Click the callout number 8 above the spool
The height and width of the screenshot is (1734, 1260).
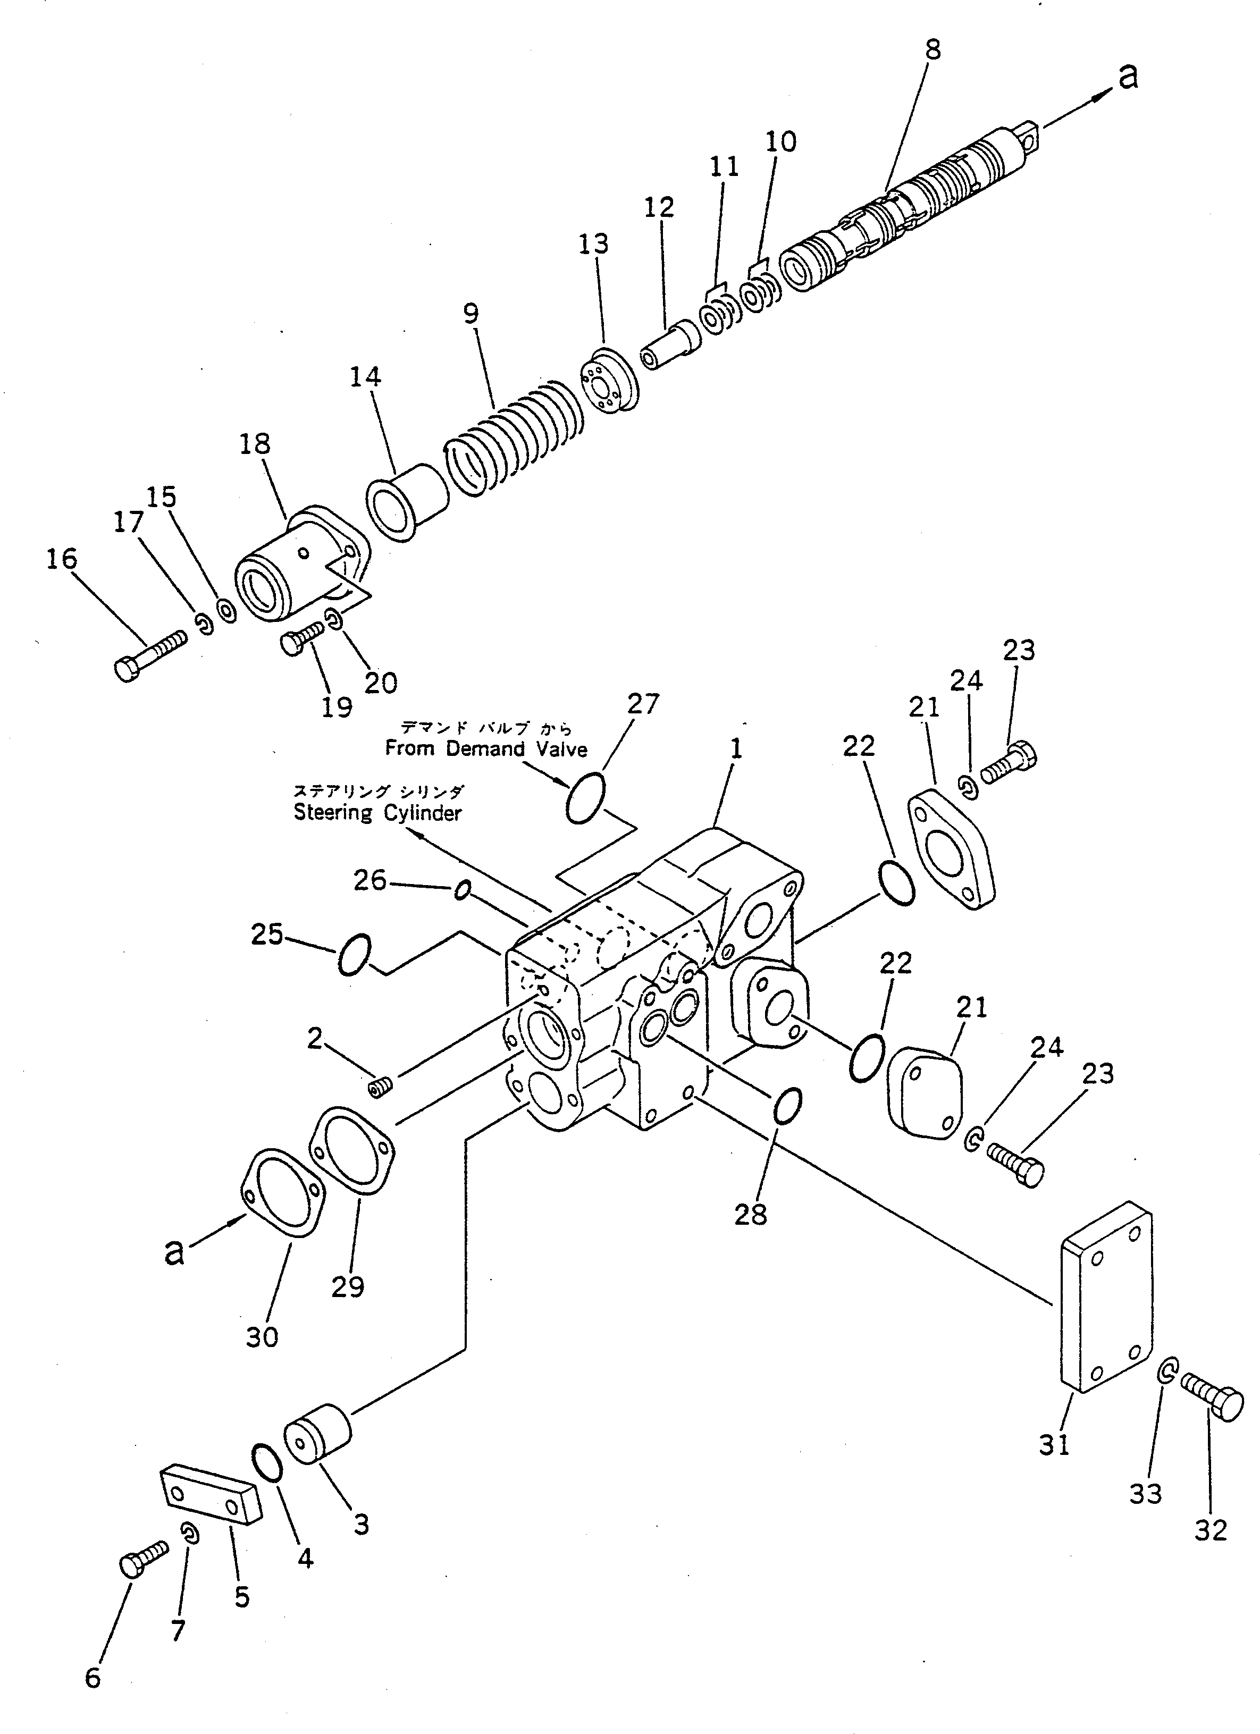coord(932,50)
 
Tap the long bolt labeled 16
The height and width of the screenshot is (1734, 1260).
coord(150,655)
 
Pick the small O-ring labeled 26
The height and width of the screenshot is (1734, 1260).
coord(462,889)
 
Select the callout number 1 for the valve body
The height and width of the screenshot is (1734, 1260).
coord(735,748)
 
